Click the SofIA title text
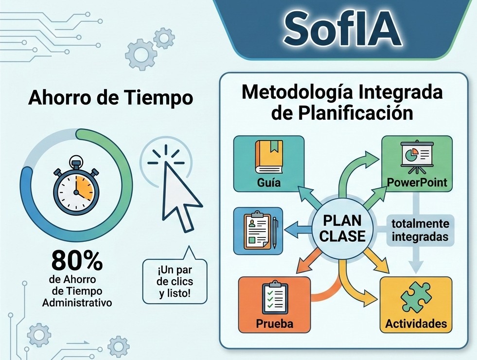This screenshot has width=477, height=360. pos(343,29)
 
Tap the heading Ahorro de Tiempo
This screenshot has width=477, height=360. pos(110,98)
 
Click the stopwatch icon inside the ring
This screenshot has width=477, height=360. pos(76,187)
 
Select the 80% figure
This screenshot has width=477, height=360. pos(77,261)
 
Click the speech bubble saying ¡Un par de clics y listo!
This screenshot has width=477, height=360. pos(175,282)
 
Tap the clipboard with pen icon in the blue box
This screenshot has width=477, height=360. pos(258,231)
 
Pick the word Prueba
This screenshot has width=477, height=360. pos(275,324)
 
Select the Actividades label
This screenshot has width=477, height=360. pos(416,324)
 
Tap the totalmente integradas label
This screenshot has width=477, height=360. pos(420,231)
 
